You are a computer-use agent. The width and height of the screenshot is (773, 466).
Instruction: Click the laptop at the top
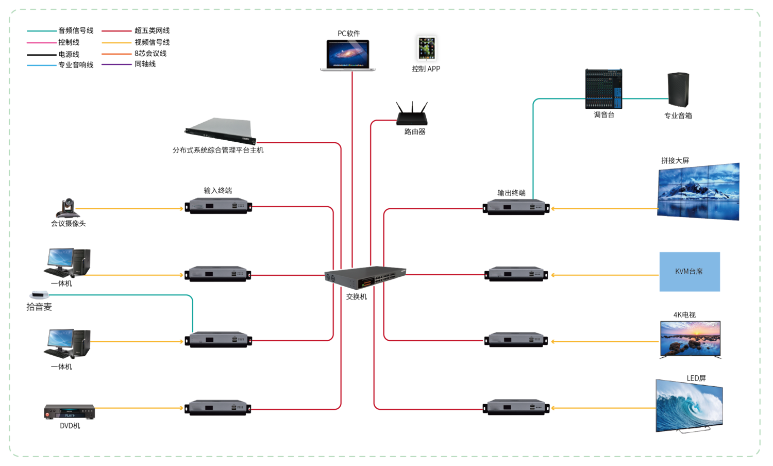[348, 55]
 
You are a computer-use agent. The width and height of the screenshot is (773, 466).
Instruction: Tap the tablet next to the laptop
[427, 48]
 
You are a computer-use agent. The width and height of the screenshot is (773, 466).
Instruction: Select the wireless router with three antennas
[412, 114]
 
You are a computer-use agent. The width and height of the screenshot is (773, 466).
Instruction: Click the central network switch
[365, 277]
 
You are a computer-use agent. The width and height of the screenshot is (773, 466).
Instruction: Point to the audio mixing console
[603, 89]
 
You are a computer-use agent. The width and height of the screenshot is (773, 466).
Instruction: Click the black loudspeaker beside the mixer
[678, 90]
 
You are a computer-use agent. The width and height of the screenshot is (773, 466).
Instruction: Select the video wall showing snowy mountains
[698, 192]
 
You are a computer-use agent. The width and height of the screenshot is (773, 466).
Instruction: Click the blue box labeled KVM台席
[690, 272]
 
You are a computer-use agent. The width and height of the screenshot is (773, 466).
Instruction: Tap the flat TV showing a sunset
[690, 339]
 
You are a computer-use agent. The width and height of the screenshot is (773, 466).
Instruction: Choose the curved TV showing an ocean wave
[689, 406]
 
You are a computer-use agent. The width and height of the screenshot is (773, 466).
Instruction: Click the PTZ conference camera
[68, 208]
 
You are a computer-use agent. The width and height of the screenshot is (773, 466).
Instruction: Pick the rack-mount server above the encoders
[221, 131]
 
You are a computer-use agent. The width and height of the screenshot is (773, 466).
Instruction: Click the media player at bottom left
[70, 412]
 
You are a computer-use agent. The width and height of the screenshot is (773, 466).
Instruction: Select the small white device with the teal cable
[39, 295]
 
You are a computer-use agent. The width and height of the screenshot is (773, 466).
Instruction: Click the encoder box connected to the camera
[219, 206]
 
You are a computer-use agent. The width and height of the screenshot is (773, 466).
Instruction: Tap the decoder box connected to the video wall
[516, 207]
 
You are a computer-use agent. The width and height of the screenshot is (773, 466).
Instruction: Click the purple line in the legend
[116, 64]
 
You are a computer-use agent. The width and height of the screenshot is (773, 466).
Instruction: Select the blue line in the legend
[42, 65]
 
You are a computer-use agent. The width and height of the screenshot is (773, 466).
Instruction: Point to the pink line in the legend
[42, 43]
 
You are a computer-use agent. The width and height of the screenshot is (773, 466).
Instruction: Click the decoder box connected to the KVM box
[516, 274]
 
